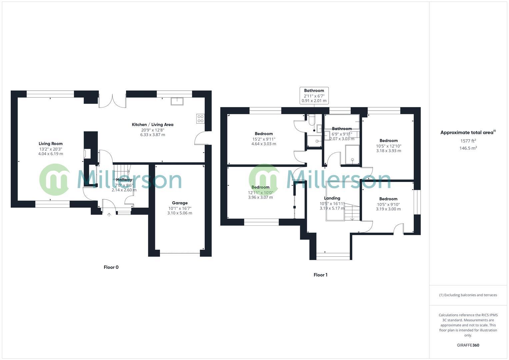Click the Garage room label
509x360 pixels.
[180, 203]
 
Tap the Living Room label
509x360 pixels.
[50, 144]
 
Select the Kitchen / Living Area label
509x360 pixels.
[153, 125]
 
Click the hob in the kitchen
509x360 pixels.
[200, 119]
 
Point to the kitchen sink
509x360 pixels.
[177, 101]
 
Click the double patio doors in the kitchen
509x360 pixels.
[112, 101]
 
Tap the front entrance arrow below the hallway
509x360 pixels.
[109, 215]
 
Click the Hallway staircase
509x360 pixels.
[122, 172]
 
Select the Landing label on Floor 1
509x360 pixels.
[332, 198]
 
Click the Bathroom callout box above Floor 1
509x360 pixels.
[314, 95]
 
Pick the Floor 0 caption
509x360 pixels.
[111, 267]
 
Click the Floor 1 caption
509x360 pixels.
[320, 275]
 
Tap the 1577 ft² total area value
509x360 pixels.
[468, 141]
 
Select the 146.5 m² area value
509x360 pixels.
[468, 148]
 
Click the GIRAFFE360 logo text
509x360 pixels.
[468, 345]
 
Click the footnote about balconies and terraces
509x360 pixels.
[468, 295]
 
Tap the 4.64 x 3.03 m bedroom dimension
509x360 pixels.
[264, 144]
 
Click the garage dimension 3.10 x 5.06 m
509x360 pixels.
[180, 213]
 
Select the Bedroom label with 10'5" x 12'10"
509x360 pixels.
[388, 141]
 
